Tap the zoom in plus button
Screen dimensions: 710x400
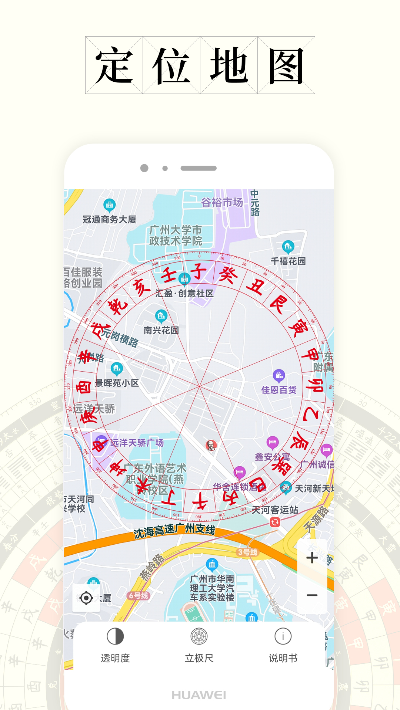tap(312, 558)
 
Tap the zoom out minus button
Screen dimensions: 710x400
tap(312, 595)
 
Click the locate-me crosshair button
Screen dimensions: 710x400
tap(86, 598)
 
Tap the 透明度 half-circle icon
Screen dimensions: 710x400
tap(115, 637)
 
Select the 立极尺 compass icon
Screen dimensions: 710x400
tap(199, 637)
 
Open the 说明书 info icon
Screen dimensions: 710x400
tap(283, 637)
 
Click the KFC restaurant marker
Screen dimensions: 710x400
tap(211, 445)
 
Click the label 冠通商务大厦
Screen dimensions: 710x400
tap(109, 220)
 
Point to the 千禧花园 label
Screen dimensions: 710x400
tap(288, 261)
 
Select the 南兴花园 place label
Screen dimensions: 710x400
tap(161, 330)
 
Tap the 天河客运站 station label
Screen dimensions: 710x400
tap(275, 510)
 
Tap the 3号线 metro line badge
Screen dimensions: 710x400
tap(247, 552)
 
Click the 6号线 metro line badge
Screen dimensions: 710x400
tap(139, 596)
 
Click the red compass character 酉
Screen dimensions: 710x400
tap(84, 387)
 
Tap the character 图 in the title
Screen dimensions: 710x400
tap(286, 65)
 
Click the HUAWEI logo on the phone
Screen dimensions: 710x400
tap(199, 695)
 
